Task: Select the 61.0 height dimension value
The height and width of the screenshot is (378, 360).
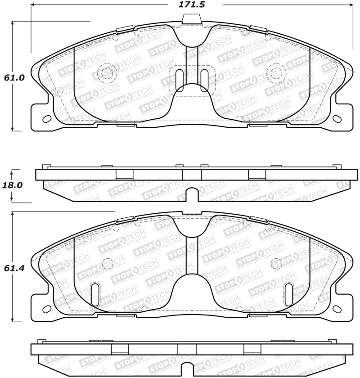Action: pos(14,77)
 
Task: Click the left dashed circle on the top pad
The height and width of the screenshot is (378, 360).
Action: pos(107,72)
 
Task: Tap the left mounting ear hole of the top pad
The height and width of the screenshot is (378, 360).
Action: pos(47,119)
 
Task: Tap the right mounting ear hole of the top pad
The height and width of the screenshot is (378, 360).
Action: pos(336,119)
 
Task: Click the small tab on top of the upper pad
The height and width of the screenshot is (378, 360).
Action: pos(192,18)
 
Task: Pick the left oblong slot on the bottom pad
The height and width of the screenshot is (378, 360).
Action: pos(95,294)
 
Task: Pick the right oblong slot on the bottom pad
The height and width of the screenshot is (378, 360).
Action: pos(289,294)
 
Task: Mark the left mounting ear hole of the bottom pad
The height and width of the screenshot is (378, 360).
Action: pos(47,310)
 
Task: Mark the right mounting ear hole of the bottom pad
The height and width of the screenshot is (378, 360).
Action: pos(336,310)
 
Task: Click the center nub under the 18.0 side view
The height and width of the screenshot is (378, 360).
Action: pos(192,195)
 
